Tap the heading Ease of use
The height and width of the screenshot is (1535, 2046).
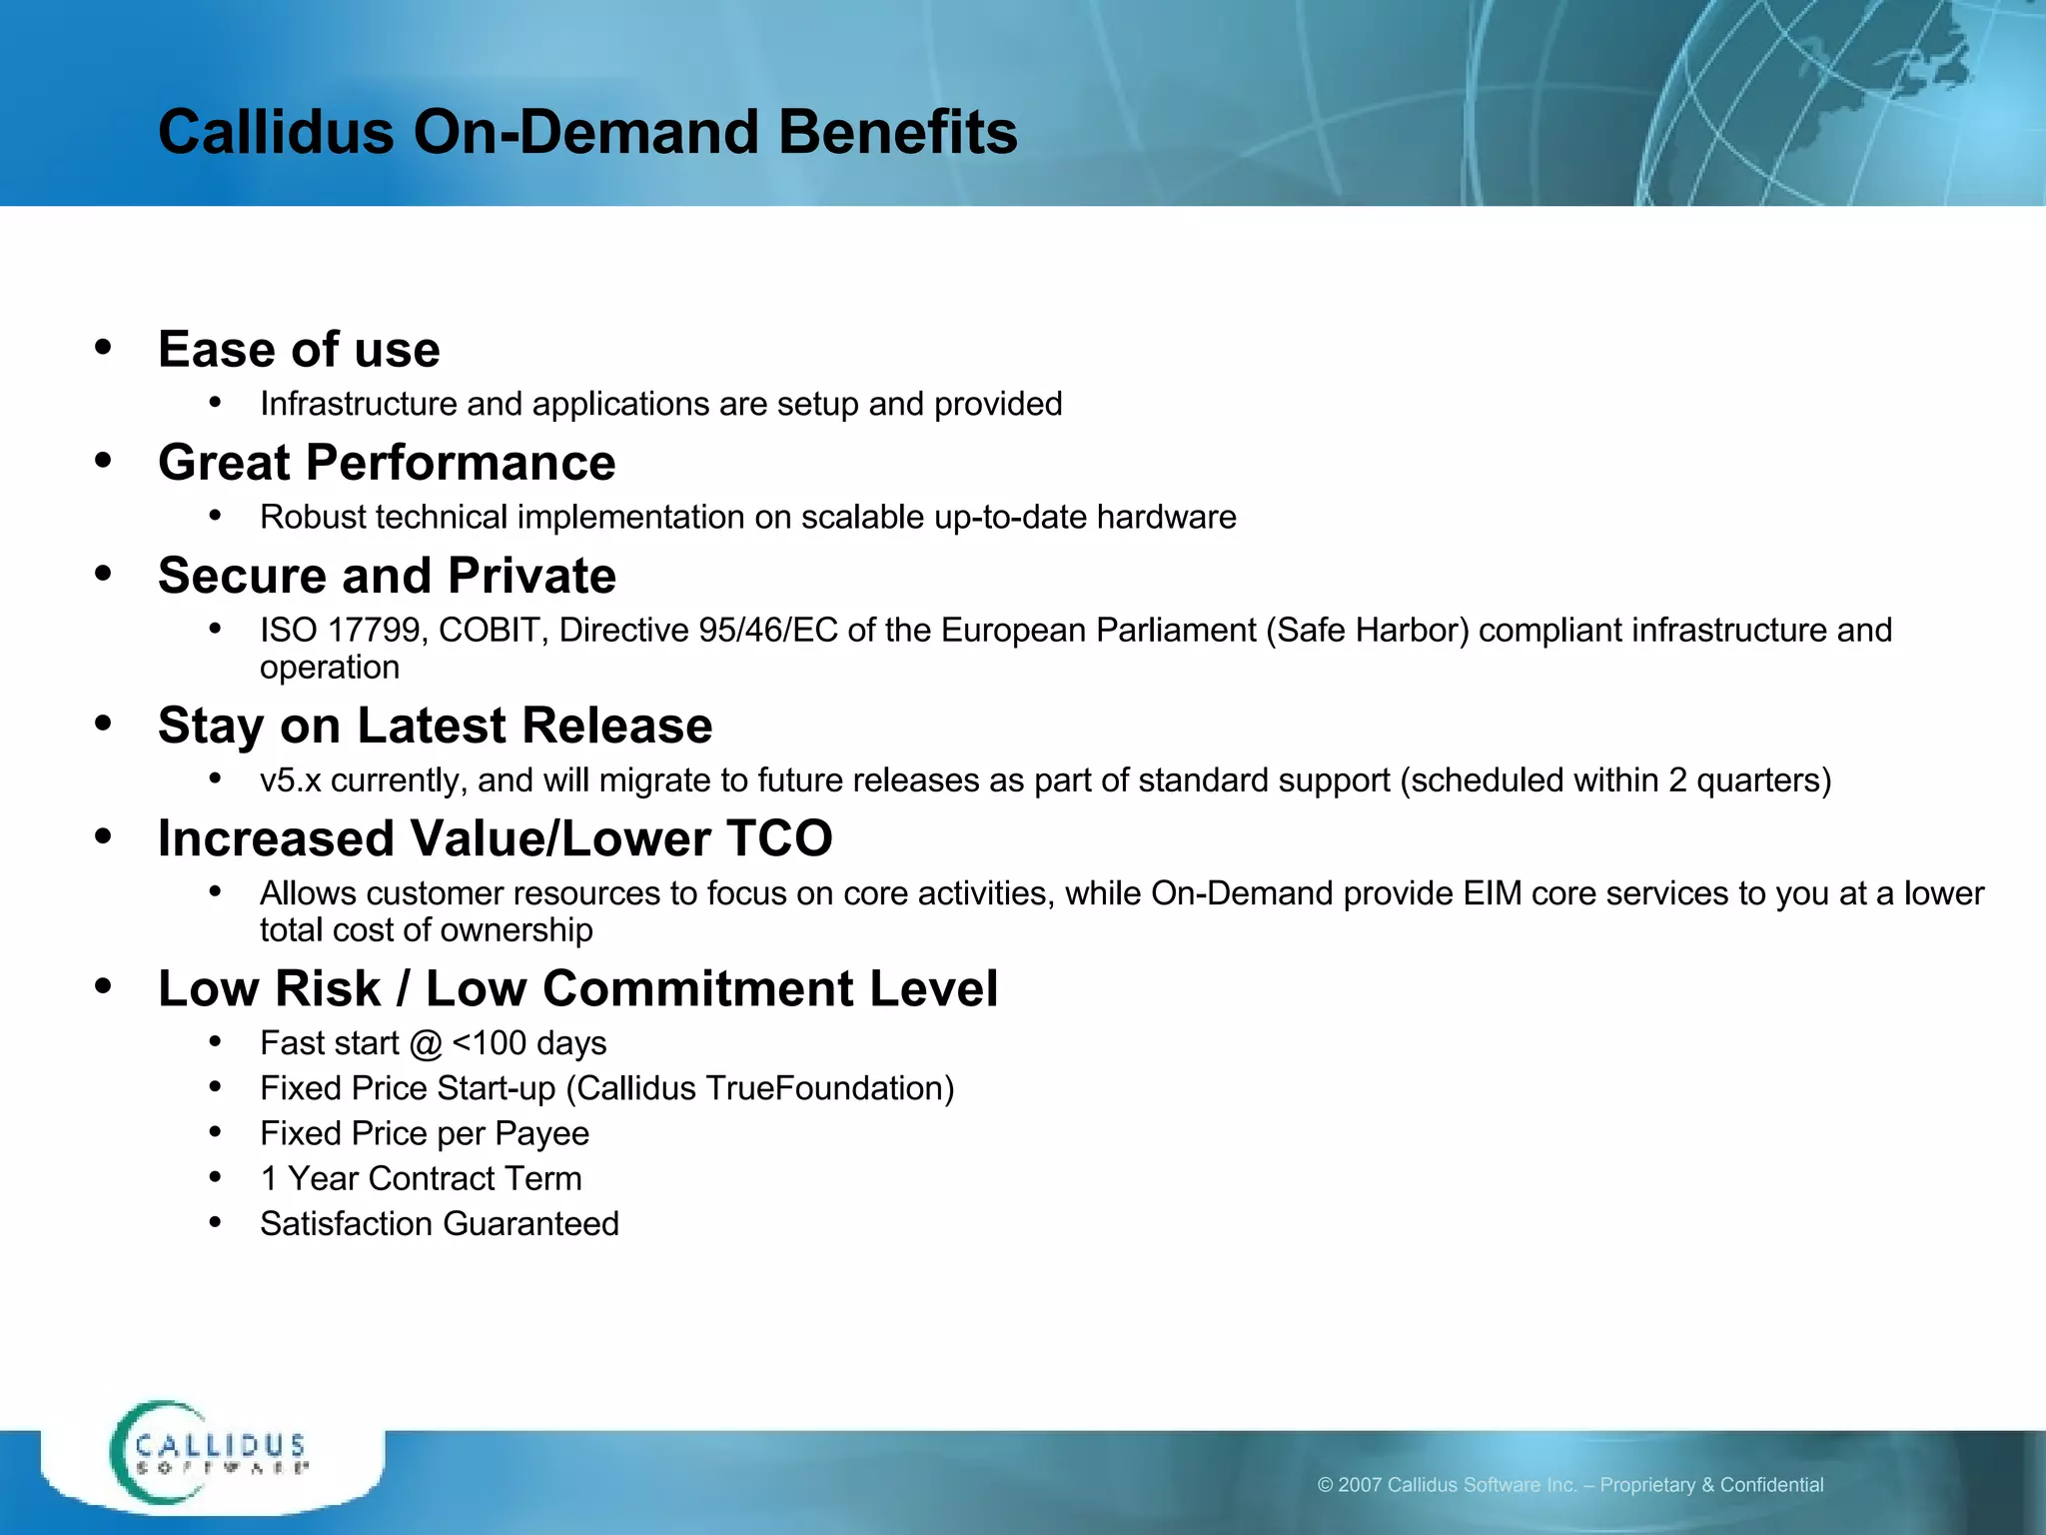[299, 350]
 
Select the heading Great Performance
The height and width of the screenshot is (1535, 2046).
[387, 463]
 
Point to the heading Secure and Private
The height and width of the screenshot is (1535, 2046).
[387, 576]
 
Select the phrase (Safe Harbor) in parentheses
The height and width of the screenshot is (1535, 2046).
[1367, 631]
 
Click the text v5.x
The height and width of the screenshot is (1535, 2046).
[290, 780]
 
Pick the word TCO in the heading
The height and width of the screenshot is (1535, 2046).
[778, 838]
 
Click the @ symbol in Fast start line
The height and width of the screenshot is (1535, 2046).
[425, 1044]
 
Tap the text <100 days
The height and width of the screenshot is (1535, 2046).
[528, 1043]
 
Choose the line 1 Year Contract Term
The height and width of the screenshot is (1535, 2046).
[421, 1179]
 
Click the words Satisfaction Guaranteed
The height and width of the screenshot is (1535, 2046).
[440, 1224]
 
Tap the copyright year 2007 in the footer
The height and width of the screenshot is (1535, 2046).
[1360, 1485]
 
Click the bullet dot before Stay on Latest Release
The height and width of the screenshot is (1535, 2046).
[103, 724]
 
